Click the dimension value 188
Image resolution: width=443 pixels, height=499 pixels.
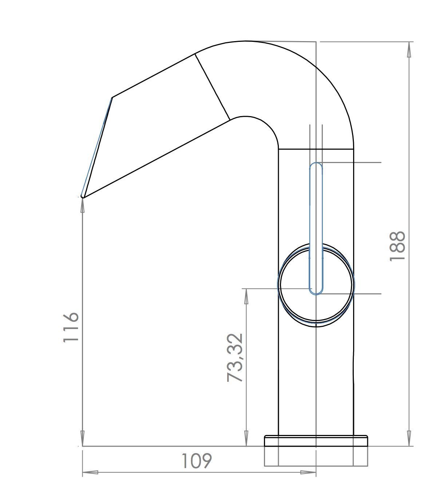click(x=397, y=246)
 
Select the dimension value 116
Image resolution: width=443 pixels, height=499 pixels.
click(x=71, y=326)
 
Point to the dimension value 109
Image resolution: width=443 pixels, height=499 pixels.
click(x=196, y=461)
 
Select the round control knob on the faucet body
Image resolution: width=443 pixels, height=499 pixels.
click(x=316, y=285)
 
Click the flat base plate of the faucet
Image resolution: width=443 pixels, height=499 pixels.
click(x=316, y=440)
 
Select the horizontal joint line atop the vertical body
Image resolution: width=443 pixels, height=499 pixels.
click(x=316, y=149)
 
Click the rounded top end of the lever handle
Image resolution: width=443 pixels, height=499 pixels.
click(x=316, y=165)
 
